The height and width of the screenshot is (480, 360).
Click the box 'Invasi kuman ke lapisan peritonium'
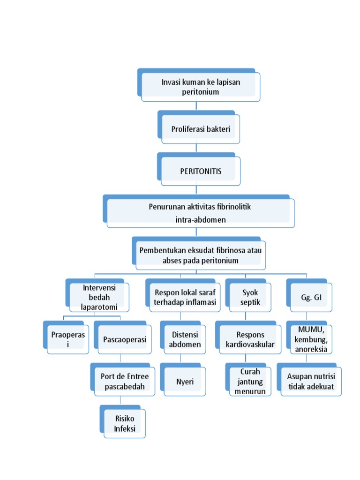click(x=200, y=87)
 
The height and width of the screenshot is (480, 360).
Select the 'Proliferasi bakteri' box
click(x=200, y=128)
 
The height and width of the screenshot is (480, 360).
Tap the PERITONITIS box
click(x=200, y=171)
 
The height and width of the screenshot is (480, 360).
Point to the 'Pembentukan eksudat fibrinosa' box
click(x=200, y=255)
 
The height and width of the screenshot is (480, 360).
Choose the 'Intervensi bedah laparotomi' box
click(x=99, y=297)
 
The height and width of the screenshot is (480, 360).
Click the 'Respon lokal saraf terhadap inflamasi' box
click(x=184, y=297)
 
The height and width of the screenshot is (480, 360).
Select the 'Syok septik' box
click(x=250, y=297)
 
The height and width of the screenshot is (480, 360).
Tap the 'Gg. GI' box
click(x=311, y=297)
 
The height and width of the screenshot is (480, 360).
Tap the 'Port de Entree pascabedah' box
click(x=124, y=381)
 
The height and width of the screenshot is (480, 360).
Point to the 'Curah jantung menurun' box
click(x=250, y=381)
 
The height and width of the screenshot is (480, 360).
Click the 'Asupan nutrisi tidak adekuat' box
click(x=311, y=381)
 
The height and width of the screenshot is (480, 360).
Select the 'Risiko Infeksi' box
click(x=124, y=423)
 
